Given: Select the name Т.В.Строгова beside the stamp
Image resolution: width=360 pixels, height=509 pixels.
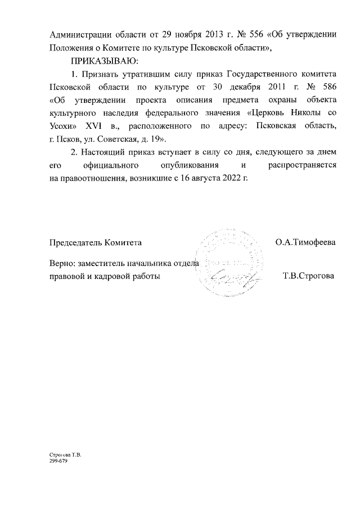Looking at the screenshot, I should click(309, 276).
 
